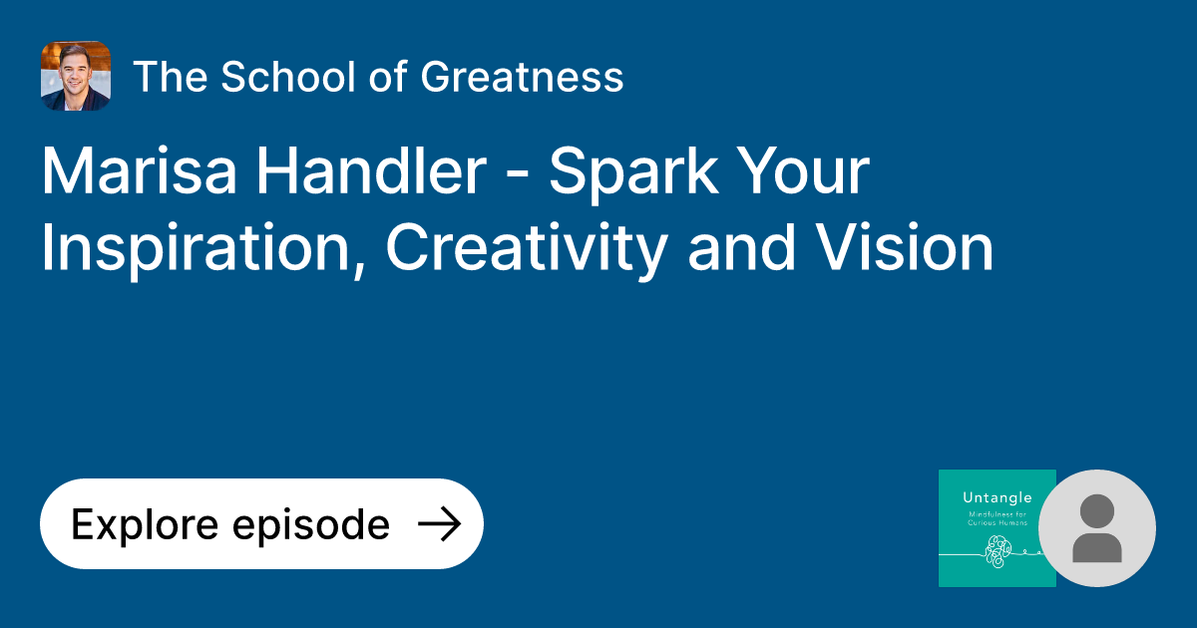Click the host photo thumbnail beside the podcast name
(x=76, y=76)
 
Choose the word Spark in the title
(x=632, y=172)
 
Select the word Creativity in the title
(x=524, y=249)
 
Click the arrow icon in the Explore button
(x=438, y=524)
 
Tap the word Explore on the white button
(x=140, y=524)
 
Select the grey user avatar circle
(x=1097, y=528)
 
